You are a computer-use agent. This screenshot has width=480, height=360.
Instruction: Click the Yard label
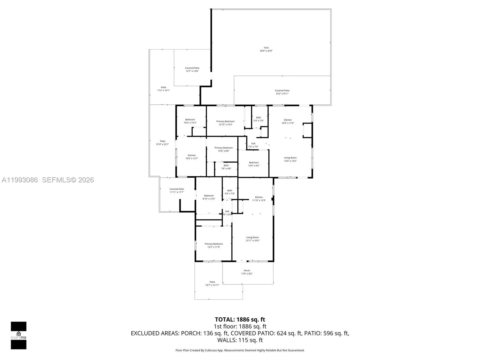point(266,49)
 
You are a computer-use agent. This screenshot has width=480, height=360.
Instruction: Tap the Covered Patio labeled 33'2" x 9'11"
point(282,92)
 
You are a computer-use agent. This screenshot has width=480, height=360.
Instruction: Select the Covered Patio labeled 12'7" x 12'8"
point(192,69)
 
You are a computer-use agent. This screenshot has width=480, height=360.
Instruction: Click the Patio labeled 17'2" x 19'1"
point(163,89)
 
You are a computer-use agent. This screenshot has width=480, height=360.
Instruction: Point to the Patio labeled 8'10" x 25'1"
point(162,142)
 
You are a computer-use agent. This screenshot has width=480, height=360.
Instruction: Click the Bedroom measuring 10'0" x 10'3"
point(190,121)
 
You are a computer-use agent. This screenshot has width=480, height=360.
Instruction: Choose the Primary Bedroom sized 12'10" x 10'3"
point(225,123)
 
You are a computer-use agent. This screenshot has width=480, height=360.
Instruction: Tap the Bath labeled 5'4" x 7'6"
point(259,119)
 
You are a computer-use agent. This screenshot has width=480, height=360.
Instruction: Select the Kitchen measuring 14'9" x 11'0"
point(288,121)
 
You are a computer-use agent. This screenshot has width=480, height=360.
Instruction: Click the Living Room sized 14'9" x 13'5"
point(290,159)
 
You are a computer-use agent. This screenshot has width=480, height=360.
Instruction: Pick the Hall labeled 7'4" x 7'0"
point(253,145)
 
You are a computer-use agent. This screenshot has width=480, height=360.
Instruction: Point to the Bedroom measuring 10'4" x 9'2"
point(253,164)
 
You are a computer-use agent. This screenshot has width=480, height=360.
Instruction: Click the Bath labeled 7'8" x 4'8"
point(226,167)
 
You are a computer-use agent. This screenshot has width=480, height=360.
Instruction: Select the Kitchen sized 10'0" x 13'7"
point(192,157)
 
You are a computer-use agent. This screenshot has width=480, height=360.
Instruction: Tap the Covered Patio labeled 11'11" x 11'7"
point(176,190)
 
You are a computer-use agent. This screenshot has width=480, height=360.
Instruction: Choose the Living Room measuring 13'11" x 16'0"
point(252,239)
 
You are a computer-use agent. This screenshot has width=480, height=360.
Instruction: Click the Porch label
point(247,272)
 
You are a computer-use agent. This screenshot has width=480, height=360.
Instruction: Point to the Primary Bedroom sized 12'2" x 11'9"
point(214,245)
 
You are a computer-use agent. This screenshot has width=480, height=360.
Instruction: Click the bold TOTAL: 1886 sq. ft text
point(240,319)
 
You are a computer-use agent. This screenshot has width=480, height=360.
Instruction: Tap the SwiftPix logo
point(19,335)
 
